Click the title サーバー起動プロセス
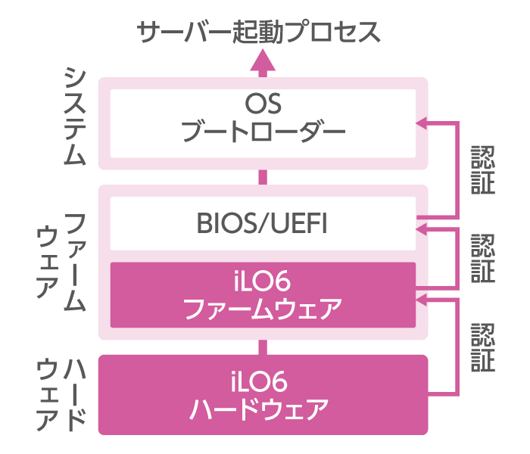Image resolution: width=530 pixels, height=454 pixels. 258,32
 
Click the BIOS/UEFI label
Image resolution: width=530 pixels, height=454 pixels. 263,224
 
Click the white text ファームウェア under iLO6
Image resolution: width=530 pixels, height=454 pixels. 263,309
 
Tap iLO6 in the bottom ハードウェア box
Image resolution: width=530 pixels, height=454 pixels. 263,381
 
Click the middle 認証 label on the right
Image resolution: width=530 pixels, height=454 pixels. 482,258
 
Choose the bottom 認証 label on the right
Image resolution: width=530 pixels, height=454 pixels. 482,347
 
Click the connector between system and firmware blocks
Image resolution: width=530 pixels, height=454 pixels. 263,177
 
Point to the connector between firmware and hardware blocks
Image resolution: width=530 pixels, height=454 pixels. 263,347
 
